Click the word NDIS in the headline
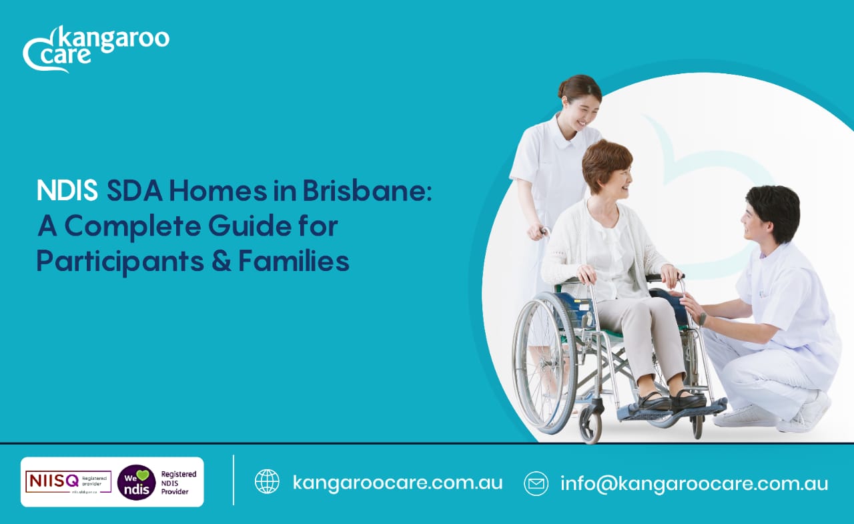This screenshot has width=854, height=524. [67, 192]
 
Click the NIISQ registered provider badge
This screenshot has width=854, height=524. [68, 481]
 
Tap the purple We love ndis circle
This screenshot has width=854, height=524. [136, 482]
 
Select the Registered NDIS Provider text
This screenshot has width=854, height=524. [179, 482]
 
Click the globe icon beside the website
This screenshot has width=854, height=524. [267, 482]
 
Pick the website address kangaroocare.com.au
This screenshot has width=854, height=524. [397, 482]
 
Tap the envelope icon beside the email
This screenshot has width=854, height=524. [536, 483]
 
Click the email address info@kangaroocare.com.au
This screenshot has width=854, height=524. [694, 483]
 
